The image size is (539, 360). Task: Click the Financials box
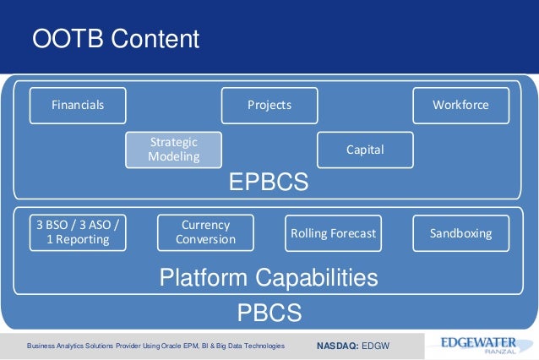point(78,105)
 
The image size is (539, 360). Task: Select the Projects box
point(269,105)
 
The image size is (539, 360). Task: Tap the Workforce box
point(460,105)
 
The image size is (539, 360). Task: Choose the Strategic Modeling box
point(173,149)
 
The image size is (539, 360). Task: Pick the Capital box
point(365,150)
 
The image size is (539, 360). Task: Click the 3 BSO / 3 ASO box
point(78,232)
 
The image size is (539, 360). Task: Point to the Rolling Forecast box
point(333,232)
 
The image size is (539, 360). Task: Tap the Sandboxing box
point(460,232)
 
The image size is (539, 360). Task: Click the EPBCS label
point(269,183)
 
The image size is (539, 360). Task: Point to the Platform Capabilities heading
point(269,277)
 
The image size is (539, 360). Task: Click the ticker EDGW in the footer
point(377,346)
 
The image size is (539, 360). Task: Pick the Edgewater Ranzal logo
point(476,346)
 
